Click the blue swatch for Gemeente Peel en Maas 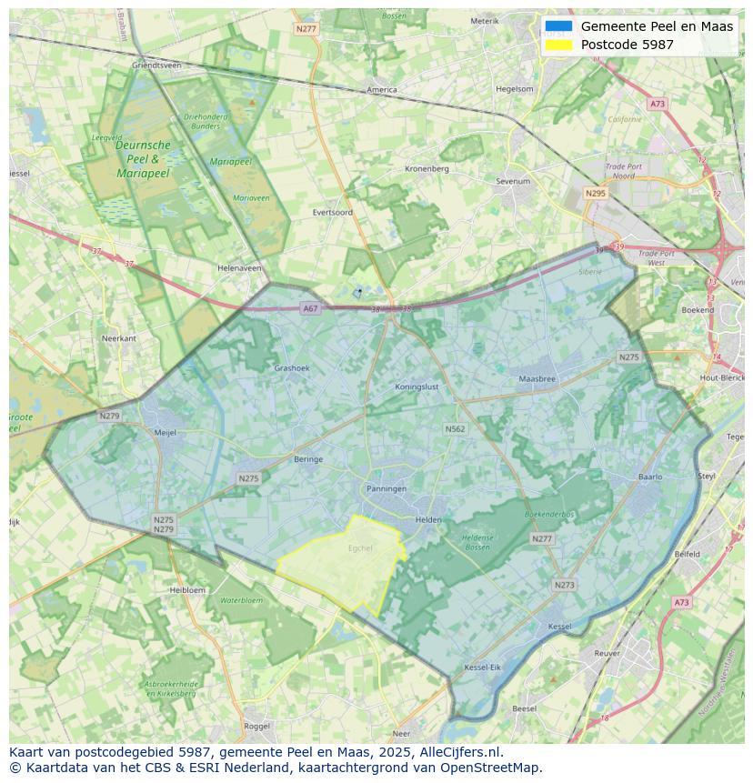pos(559,26)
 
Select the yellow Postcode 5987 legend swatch pos(559,45)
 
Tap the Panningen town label pos(387,488)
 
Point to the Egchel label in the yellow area pos(360,548)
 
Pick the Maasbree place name pos(536,378)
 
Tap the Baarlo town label pos(650,477)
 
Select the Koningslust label pos(417,386)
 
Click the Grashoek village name pos(292,368)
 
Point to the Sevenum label pos(513,182)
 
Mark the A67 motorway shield pos(311,308)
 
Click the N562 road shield pos(455,428)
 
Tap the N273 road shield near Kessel pos(564,585)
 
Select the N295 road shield pos(596,194)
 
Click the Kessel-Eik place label pos(482,668)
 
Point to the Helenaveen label pos(239,268)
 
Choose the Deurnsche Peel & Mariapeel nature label pos(143,158)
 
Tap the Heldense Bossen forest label pos(477,542)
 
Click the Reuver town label pos(607,653)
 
